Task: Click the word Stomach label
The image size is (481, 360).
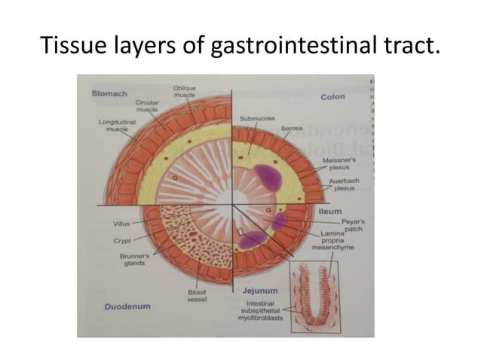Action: click(109, 93)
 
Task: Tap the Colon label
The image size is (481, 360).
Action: click(332, 97)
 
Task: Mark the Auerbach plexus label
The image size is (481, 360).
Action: click(344, 186)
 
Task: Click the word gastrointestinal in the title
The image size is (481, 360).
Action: click(279, 49)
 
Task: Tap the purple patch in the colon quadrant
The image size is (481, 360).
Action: click(268, 176)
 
